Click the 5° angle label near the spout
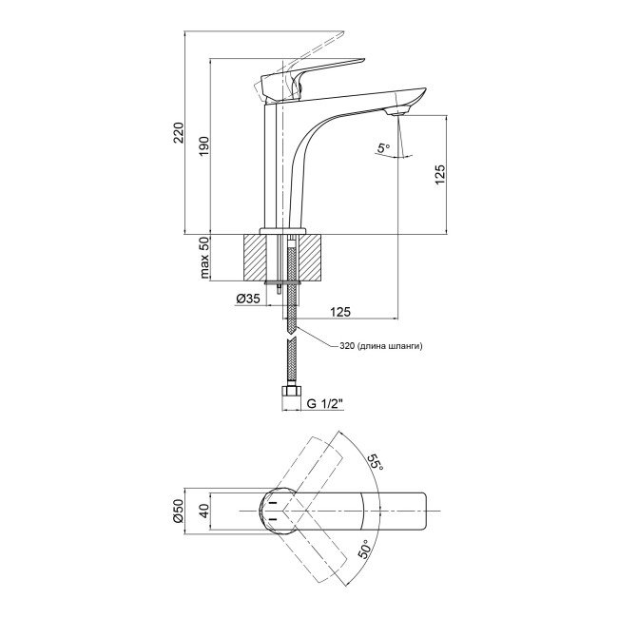(x=382, y=148)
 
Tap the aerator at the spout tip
(x=396, y=113)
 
